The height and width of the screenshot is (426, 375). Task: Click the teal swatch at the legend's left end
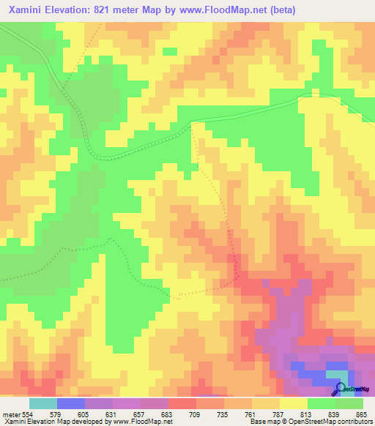click(43, 404)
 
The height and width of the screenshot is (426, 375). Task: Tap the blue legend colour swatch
click(71, 404)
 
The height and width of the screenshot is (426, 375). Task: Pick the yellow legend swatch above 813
click(294, 404)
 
